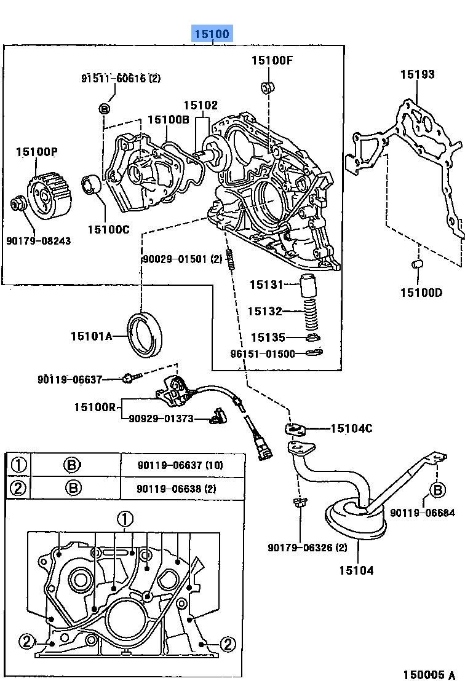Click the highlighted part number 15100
[x=212, y=34]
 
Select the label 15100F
[x=272, y=60]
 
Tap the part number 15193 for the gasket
[x=417, y=74]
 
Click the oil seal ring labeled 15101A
[x=146, y=335]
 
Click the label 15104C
[x=351, y=428]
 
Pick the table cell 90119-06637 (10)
[x=180, y=465]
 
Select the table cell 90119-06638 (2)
[x=177, y=489]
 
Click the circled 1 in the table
[x=19, y=465]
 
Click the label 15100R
[x=94, y=407]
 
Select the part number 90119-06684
[x=422, y=512]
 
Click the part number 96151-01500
[x=263, y=354]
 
